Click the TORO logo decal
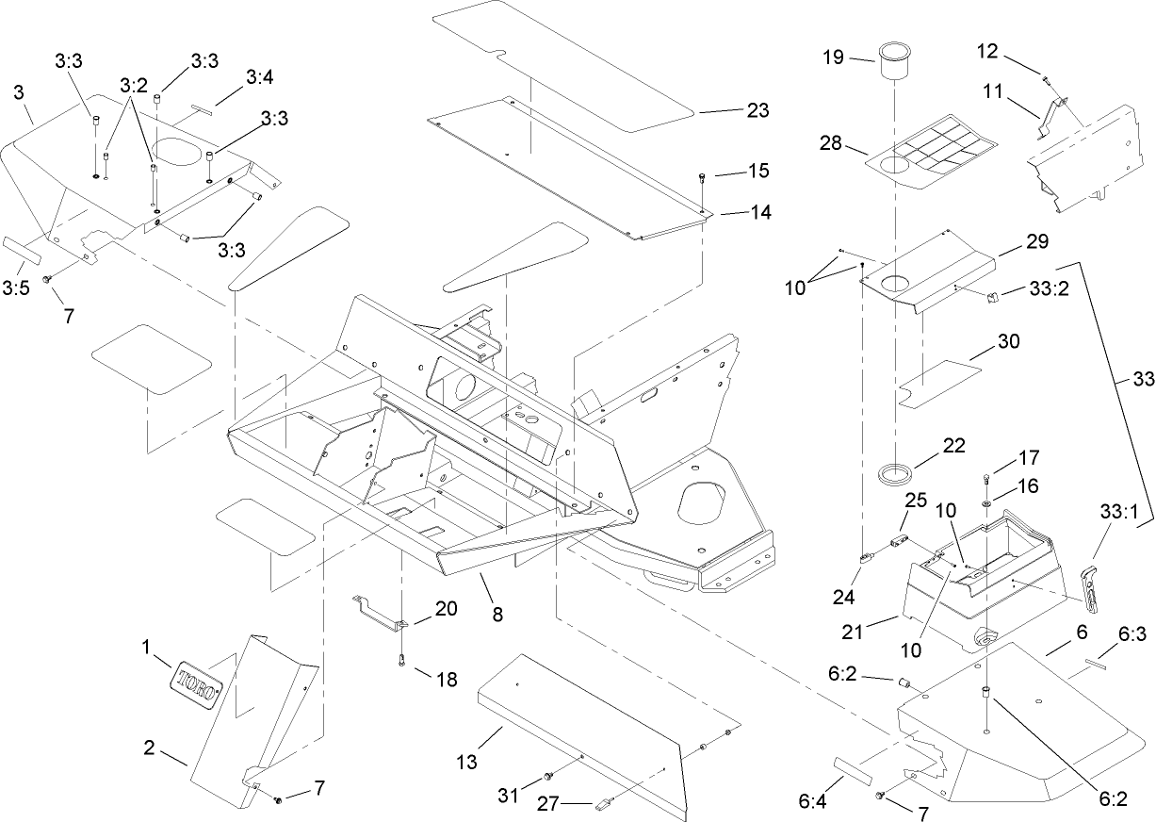coord(197,680)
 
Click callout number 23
coord(757,111)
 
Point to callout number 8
coord(497,614)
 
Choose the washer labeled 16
coord(986,504)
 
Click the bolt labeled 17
coord(986,478)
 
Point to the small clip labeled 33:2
coord(992,299)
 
